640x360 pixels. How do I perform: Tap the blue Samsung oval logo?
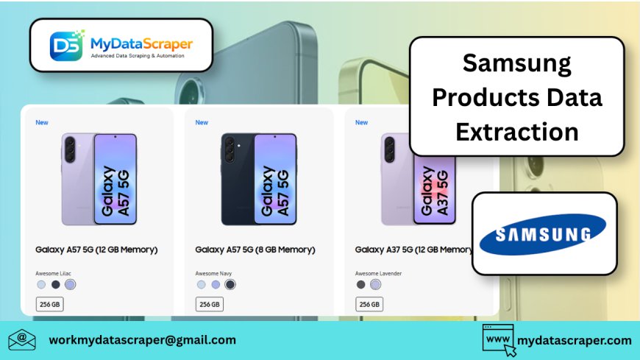pos(543,234)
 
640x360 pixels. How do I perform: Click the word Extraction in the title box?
pos(516,132)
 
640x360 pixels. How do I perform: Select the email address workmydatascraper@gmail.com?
pos(143,339)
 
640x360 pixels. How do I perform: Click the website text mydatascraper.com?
pos(574,340)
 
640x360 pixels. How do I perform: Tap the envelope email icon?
pos(22,339)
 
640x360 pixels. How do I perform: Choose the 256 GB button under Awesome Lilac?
pos(50,304)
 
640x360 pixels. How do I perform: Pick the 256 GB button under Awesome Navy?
pos(210,304)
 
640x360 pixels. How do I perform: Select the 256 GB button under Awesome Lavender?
pos(369,304)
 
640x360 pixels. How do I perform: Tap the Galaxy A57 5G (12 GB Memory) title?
pos(96,250)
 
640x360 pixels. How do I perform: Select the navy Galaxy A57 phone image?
pos(259,179)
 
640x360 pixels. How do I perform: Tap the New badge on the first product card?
pos(42,122)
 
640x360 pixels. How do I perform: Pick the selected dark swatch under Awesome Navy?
pos(230,284)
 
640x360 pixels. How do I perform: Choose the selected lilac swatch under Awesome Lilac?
pos(70,284)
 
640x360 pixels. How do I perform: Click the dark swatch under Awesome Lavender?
pos(360,284)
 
